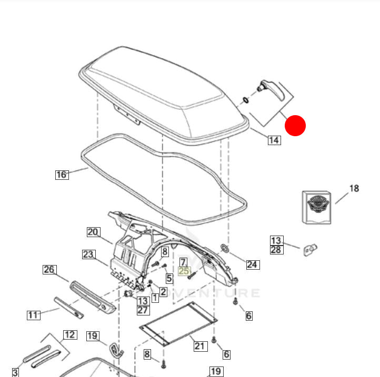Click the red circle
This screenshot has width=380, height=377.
tap(295, 126)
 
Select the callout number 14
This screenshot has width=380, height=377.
tap(274, 140)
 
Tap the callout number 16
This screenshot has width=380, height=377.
tap(62, 174)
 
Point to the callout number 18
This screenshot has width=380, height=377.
tap(354, 188)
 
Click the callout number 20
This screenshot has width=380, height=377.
tap(93, 232)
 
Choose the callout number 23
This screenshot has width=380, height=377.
tap(88, 254)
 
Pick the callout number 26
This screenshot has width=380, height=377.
tap(49, 270)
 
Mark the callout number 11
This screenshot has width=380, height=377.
tap(34, 315)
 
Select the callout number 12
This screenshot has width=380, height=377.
tap(70, 334)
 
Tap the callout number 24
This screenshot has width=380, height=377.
tap(253, 264)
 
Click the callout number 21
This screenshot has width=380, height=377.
tap(200, 345)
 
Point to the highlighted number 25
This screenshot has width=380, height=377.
tap(184, 271)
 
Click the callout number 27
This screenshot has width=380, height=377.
tap(143, 310)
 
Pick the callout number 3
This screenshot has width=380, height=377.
tap(15, 372)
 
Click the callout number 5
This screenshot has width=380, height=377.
tap(169, 278)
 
